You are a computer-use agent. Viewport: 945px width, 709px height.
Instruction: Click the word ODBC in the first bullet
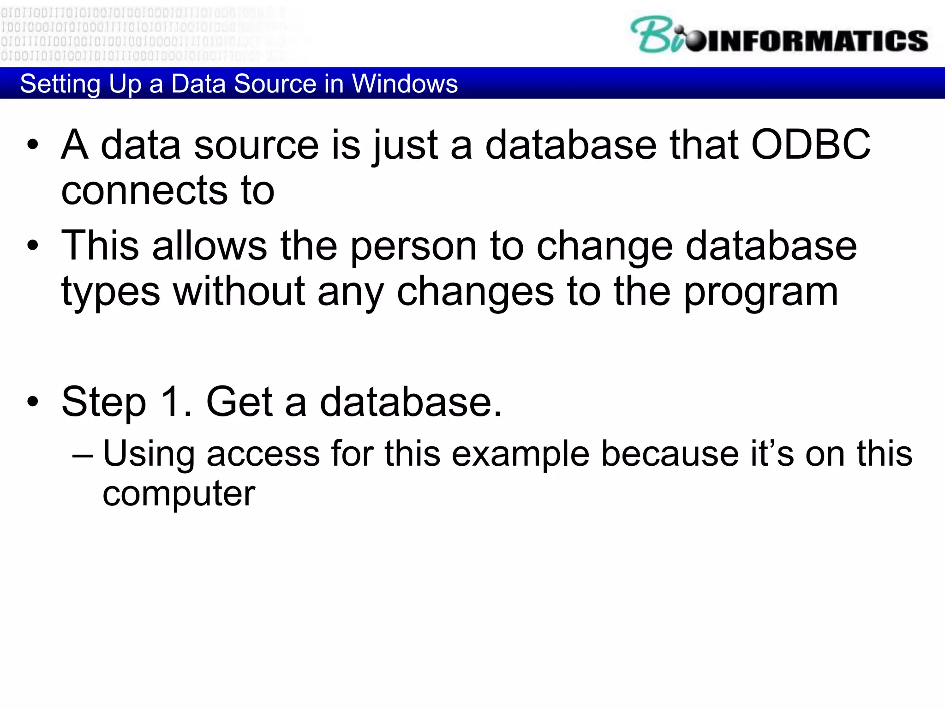(x=811, y=145)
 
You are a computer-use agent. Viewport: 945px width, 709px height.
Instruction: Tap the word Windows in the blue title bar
(x=404, y=84)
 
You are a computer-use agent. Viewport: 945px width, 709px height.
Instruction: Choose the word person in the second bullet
(x=413, y=246)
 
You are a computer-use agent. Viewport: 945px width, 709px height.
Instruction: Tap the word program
(x=760, y=293)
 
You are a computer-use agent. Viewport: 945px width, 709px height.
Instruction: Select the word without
(x=239, y=292)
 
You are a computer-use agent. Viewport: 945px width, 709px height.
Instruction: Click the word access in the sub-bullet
(x=263, y=454)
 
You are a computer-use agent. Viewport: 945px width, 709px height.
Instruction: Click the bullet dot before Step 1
(x=33, y=402)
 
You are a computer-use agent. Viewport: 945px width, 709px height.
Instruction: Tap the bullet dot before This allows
(x=33, y=246)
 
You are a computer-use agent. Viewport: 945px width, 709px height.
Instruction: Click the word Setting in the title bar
(x=60, y=84)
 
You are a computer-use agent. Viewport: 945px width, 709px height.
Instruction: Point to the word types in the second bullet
(x=111, y=293)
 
